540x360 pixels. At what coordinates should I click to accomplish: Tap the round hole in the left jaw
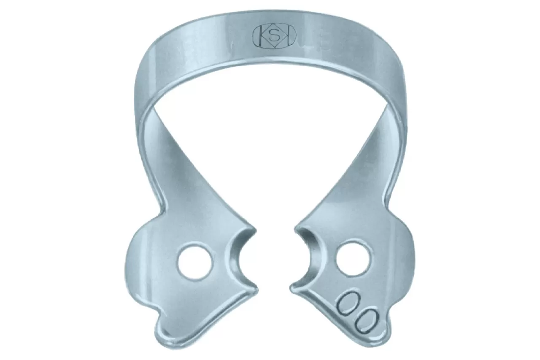pos(195,262)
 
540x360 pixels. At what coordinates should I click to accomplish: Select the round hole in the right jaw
pos(353,258)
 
